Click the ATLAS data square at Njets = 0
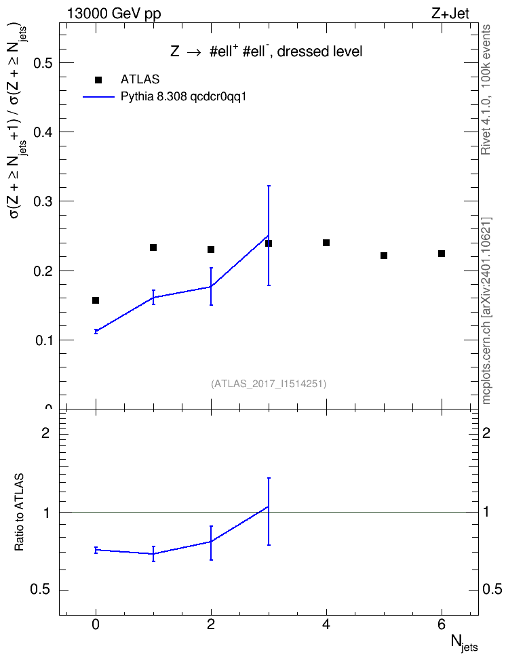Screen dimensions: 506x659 96,300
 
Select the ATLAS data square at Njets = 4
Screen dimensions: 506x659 326,243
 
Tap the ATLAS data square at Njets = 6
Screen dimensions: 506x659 442,254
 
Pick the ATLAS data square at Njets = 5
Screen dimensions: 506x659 384,256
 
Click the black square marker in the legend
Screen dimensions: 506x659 98,80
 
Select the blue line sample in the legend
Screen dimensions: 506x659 98,97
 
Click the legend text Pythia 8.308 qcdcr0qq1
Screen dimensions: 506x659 183,97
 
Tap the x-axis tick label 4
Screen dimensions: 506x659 326,625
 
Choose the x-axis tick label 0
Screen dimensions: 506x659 96,625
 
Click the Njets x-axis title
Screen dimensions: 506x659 464,643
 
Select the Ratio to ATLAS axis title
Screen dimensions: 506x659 20,512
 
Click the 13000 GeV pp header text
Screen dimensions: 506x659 114,14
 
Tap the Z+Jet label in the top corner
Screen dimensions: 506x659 450,14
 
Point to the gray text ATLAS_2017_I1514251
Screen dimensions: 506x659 269,384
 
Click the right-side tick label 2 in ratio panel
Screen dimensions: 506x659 486,433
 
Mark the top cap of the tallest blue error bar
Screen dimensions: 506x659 269,185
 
